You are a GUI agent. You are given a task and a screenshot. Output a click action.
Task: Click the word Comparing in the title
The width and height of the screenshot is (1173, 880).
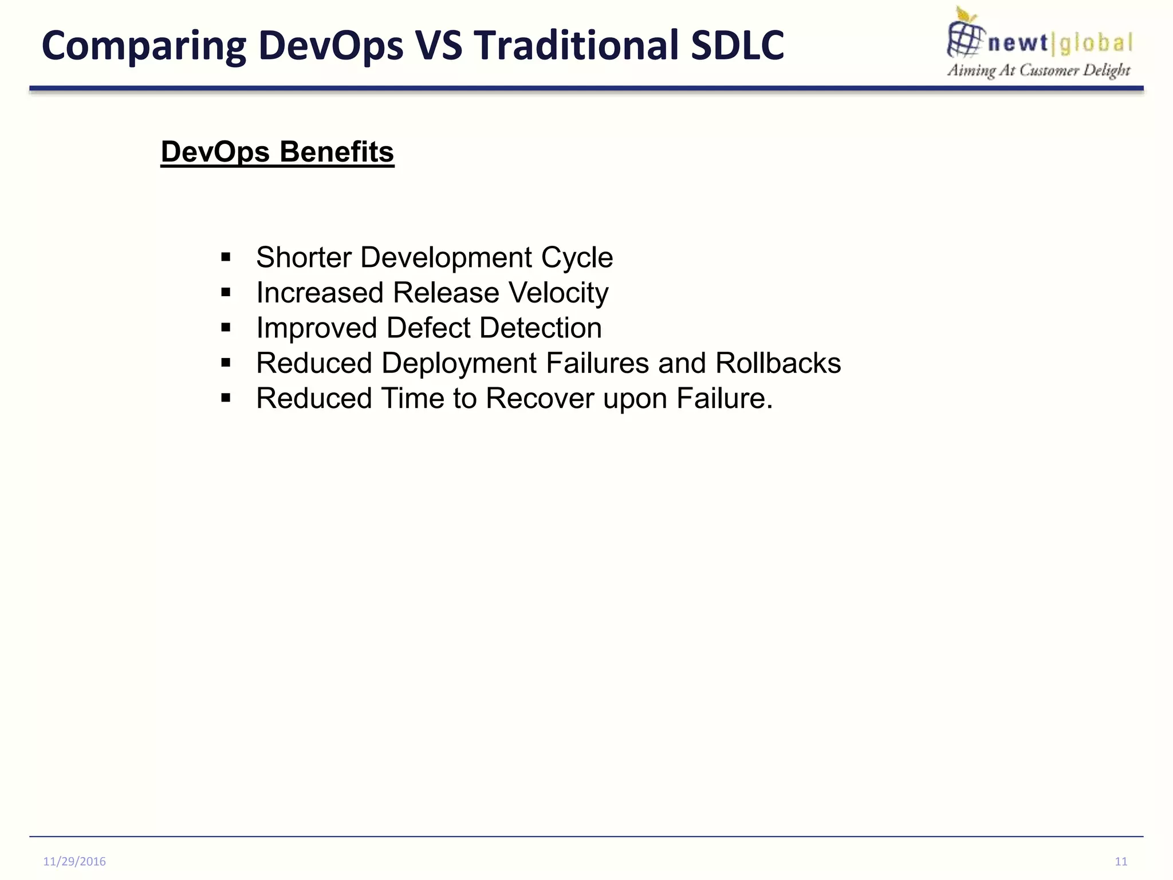[144, 46]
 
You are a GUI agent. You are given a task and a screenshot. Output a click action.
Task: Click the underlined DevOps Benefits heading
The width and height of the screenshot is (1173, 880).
[277, 152]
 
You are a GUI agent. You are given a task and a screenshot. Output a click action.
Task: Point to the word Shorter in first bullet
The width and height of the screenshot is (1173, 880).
[304, 257]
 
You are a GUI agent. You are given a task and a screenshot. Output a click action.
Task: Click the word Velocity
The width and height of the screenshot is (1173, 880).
[558, 293]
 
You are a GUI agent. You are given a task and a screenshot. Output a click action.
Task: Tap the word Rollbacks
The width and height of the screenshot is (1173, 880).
[778, 363]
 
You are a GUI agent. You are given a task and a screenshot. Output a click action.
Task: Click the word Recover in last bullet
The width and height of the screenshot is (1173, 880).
[540, 398]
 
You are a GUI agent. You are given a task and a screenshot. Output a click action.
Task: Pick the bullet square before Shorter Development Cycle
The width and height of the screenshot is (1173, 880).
[226, 257]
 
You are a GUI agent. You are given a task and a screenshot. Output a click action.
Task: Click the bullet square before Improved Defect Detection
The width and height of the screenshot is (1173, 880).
[226, 328]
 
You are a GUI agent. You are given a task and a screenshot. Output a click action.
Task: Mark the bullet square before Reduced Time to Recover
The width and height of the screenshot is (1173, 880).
[226, 398]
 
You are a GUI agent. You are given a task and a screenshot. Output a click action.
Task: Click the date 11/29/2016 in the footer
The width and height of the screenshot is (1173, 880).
[74, 861]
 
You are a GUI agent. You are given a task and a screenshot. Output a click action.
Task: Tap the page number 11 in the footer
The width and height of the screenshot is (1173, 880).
[1121, 861]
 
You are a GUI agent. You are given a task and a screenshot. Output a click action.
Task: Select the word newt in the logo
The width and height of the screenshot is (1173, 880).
[1018, 43]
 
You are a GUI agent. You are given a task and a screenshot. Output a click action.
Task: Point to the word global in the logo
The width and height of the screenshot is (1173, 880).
[1096, 43]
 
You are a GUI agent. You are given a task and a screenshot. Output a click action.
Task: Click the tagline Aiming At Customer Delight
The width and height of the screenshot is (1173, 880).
[1038, 70]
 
